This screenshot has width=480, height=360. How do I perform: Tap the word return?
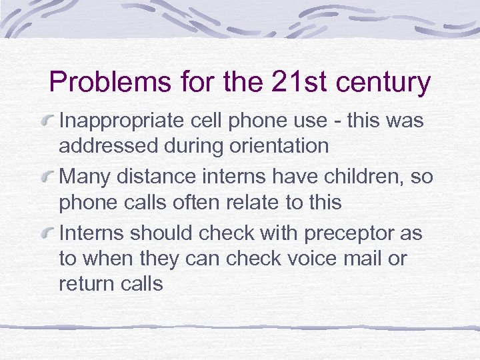click(84, 283)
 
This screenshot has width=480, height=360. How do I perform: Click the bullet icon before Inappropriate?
click(48, 121)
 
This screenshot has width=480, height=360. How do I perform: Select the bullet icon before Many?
click(48, 177)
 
